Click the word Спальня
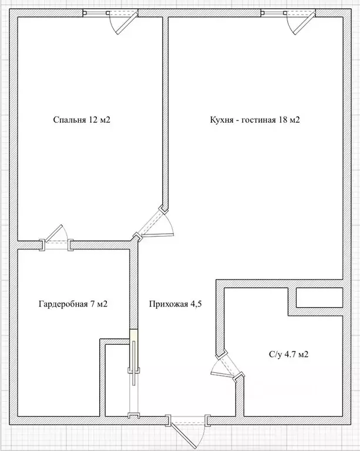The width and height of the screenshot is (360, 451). point(69,120)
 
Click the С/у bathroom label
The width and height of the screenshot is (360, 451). point(275,354)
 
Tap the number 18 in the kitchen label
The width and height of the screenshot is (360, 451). point(282,120)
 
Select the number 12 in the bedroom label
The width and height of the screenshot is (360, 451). point(93,120)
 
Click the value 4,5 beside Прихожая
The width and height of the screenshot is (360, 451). point(196,304)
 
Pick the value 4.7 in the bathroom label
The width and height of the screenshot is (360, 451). point(290,354)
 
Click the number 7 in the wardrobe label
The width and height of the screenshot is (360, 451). point(93,304)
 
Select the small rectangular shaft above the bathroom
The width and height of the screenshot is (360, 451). point(319,297)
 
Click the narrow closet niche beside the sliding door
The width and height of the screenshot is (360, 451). point(117,380)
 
